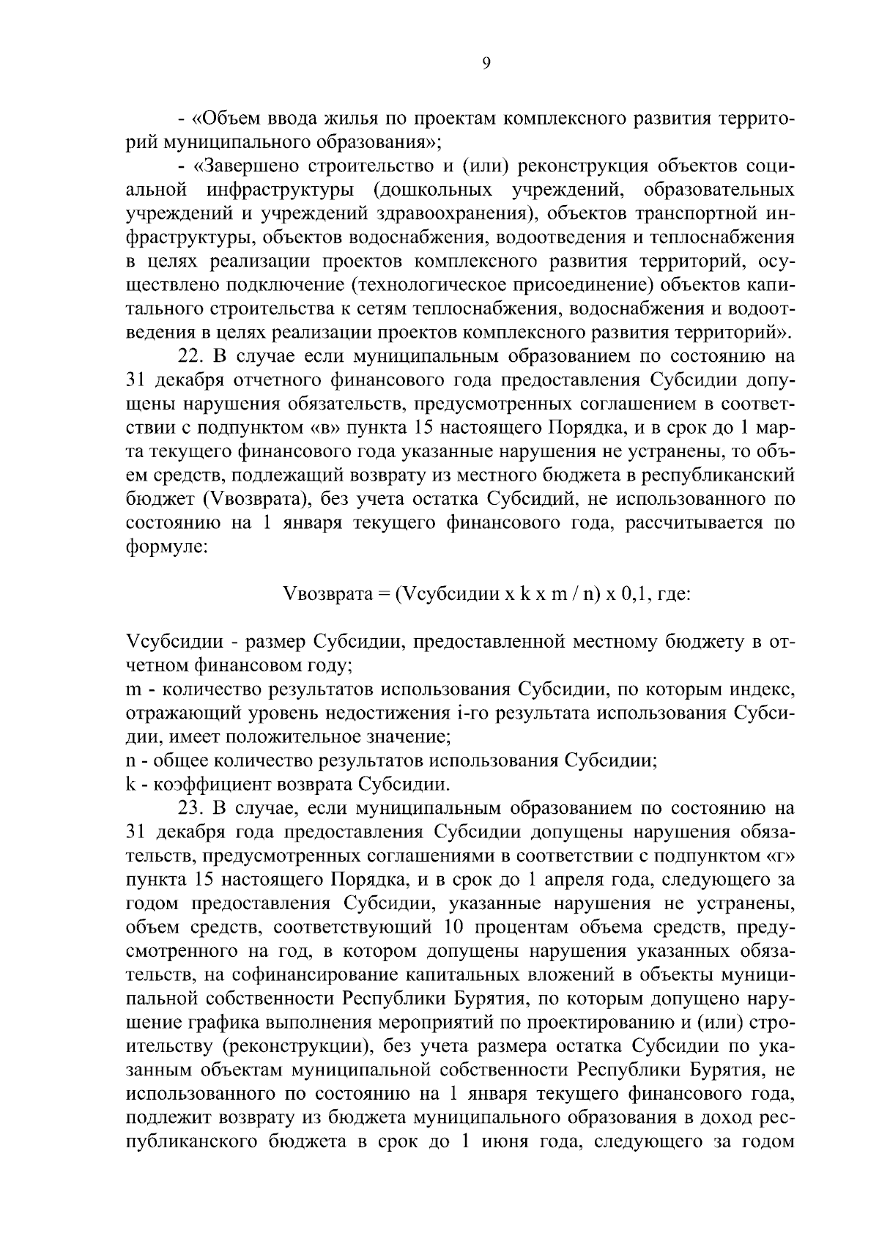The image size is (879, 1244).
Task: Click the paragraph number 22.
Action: (192, 357)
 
